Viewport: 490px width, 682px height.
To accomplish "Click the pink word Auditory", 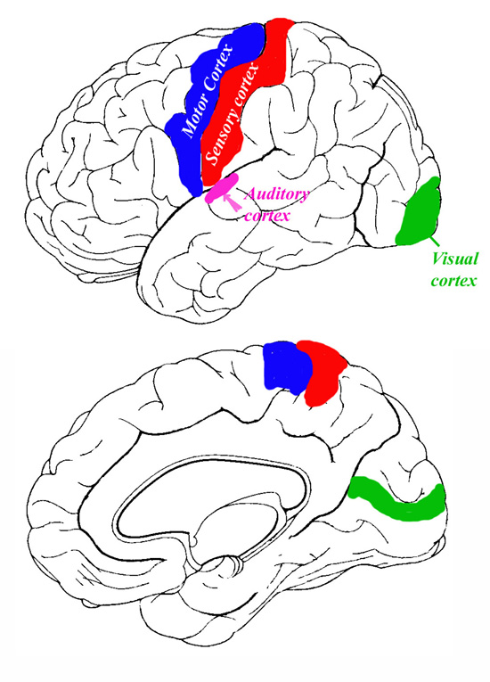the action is click(x=277, y=194).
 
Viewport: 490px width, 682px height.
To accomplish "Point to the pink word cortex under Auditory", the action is click(x=266, y=215).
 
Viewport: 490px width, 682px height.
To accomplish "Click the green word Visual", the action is click(x=454, y=259).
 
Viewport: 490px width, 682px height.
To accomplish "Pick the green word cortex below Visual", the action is click(x=453, y=281).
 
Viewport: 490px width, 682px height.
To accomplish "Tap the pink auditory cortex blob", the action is click(x=222, y=189).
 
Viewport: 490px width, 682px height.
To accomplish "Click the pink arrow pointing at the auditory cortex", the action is click(x=233, y=202).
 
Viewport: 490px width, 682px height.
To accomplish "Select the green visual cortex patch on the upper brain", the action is click(x=420, y=211).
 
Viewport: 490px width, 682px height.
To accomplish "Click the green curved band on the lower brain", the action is click(x=398, y=501).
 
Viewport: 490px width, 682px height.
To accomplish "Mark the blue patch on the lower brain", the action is click(x=287, y=367).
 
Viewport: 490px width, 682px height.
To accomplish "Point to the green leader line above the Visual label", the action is click(x=435, y=242).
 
